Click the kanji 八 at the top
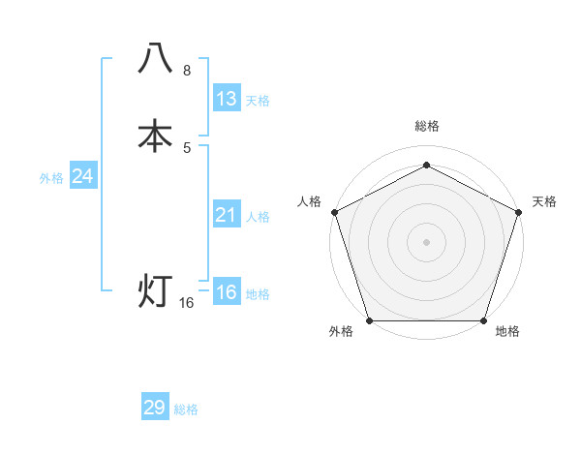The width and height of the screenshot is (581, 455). pos(156,59)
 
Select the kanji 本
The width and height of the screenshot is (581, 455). pos(156,136)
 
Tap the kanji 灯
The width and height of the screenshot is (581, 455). pos(156,290)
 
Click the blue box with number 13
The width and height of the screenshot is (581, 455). pos(227,99)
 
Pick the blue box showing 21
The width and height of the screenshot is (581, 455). pos(227,215)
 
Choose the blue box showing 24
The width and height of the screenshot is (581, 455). pos(83,176)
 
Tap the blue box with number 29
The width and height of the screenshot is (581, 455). pos(155,408)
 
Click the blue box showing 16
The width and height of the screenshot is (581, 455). pos(227,292)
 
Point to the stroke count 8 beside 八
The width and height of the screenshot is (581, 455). pos(187,71)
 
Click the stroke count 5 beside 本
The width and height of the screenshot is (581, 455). pos(187,148)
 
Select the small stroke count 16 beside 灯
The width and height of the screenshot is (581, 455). pos(187,303)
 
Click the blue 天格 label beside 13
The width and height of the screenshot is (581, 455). pos(258,101)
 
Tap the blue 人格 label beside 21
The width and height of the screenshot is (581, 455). pos(258,217)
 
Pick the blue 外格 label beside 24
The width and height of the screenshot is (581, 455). pos(51,178)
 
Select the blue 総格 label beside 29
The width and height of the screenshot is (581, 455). pos(186,409)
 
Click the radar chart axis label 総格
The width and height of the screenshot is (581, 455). pos(426,126)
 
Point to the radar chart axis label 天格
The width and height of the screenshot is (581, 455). pos(544,201)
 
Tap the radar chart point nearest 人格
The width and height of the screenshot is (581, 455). pos(334,211)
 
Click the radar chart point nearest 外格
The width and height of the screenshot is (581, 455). pos(369,319)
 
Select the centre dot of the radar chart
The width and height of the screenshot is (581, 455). pos(426,241)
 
